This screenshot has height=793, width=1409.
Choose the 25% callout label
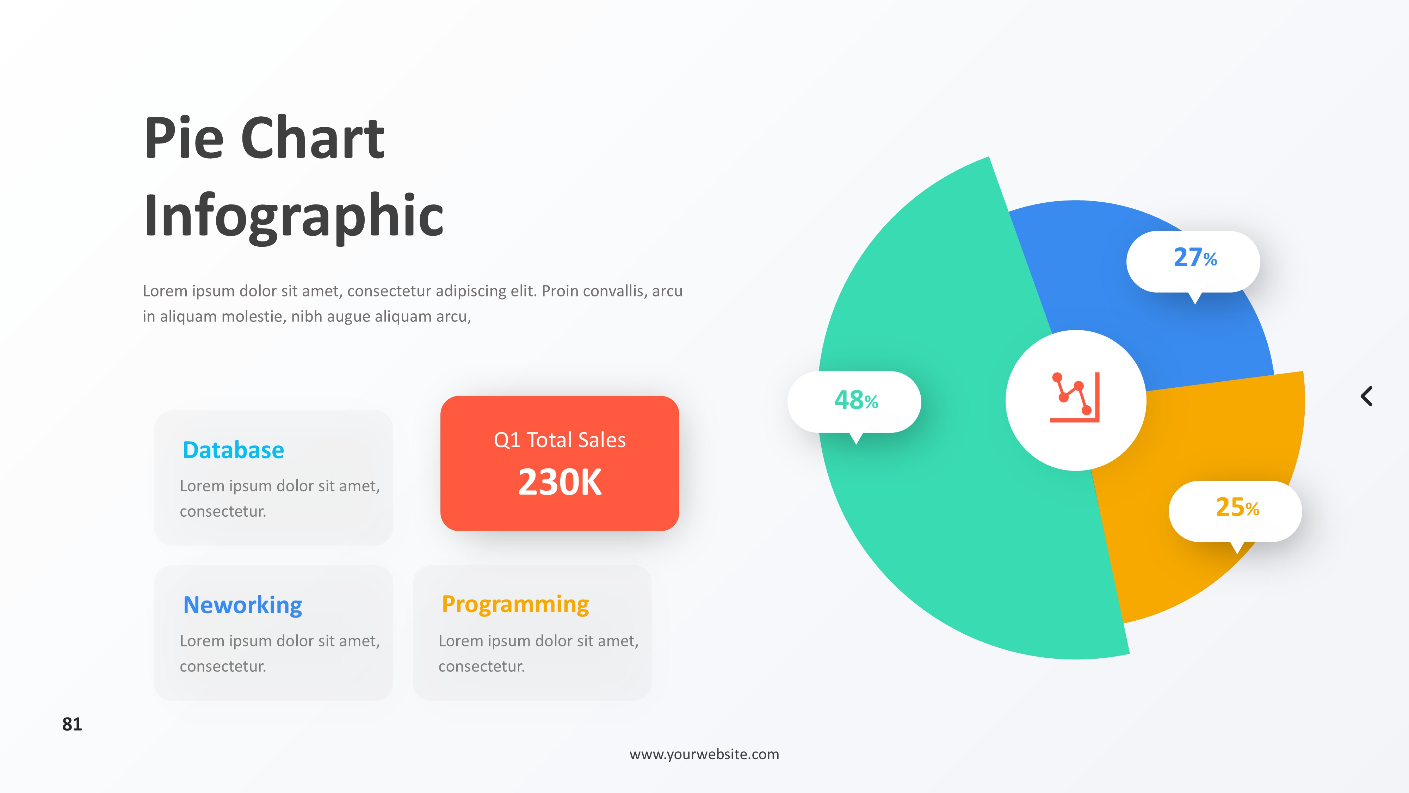[1237, 507]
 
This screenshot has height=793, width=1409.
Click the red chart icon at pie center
[1075, 397]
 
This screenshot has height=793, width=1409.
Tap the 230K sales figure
[560, 482]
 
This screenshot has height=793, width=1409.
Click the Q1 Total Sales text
[560, 440]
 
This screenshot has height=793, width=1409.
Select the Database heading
[234, 450]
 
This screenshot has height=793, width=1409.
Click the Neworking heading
[243, 605]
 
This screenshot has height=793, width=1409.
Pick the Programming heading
[515, 605]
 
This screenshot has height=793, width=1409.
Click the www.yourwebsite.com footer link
[705, 754]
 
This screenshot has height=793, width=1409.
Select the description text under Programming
[539, 653]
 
